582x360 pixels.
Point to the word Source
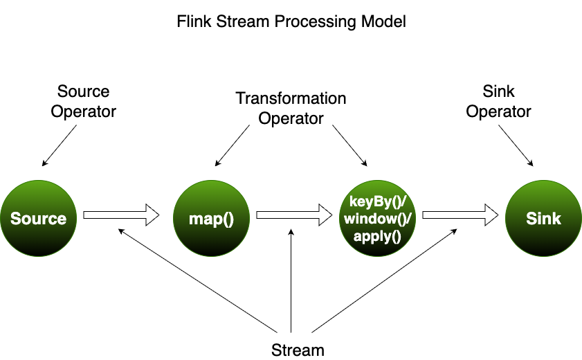coord(38,219)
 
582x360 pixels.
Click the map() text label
coord(211,219)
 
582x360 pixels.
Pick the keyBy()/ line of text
coord(376,202)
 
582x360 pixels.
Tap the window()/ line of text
coord(377,219)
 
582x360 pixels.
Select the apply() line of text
coord(377,235)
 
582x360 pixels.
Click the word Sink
coord(543,219)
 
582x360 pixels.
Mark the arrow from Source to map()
coord(114,215)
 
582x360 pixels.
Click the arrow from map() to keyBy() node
coord(287,215)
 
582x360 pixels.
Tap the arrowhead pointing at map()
coord(152,215)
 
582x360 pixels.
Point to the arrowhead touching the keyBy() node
coord(325,215)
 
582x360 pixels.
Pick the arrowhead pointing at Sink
coord(491,215)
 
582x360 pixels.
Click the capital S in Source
coord(15,219)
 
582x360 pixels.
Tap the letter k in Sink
coord(556,219)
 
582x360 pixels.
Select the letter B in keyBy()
coord(379,202)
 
